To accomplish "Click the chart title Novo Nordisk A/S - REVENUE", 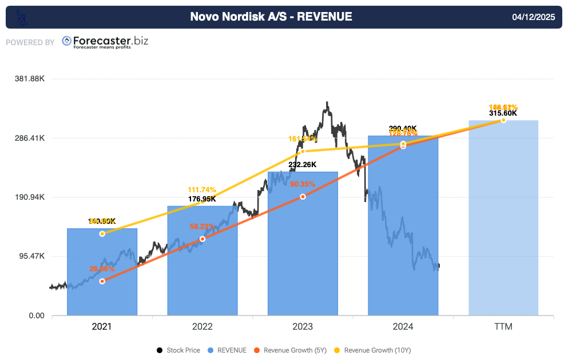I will tap(271, 17).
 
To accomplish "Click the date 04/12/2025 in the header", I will tap(533, 17).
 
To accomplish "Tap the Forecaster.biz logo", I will tap(105, 42).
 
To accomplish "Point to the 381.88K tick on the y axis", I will tap(30, 79).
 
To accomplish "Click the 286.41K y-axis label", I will tap(30, 138).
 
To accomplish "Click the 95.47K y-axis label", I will tap(31, 256).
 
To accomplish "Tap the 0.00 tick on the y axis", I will tap(37, 315).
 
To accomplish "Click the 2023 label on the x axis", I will tap(303, 327).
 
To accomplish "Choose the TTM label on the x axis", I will tap(503, 327).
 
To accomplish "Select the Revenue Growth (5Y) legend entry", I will tap(289, 350).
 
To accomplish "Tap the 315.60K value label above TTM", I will tap(503, 113).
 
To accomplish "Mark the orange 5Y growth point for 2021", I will tap(102, 281).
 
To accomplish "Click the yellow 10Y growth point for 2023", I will tap(303, 151).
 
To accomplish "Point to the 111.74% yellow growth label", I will tap(202, 190).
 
